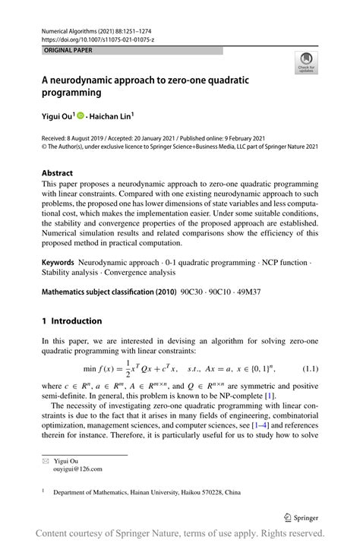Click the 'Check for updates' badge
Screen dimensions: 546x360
point(306,63)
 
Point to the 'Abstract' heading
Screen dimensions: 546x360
point(58,172)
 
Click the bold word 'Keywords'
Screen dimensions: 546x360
point(58,262)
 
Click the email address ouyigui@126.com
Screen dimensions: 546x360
point(80,469)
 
